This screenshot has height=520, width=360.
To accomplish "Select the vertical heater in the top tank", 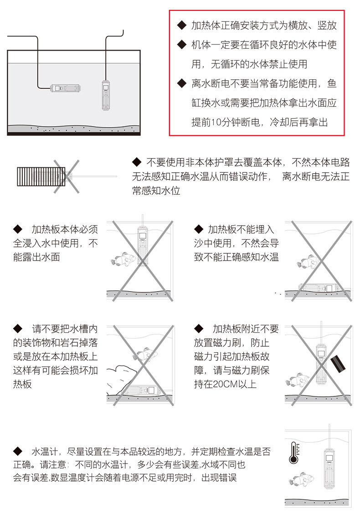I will click(105, 95).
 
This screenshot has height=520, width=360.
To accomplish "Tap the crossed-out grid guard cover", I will click(41, 175).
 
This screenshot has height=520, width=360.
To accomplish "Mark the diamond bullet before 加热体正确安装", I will click(181, 26).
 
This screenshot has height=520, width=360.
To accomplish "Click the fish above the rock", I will click(144, 354).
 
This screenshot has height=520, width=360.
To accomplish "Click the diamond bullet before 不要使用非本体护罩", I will click(137, 162).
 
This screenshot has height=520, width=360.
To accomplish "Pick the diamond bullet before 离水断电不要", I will click(181, 84).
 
